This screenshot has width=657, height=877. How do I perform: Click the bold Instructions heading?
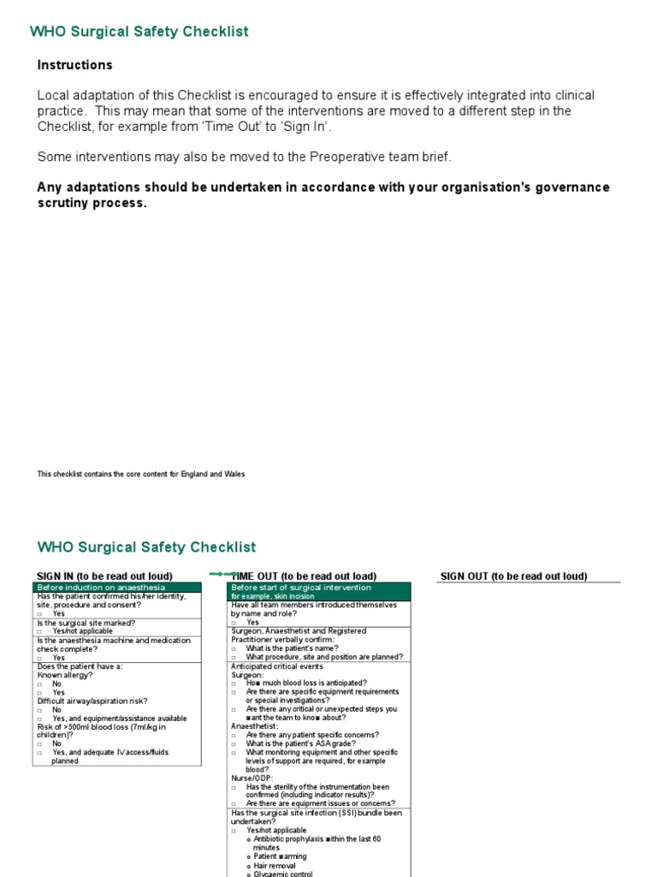(x=74, y=65)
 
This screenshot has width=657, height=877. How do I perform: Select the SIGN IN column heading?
(x=104, y=576)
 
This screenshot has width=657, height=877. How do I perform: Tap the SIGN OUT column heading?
(x=513, y=576)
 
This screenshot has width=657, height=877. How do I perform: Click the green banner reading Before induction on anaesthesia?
(x=117, y=588)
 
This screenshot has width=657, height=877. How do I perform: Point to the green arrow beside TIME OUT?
(x=220, y=574)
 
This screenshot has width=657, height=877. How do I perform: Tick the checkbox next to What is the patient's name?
(x=234, y=648)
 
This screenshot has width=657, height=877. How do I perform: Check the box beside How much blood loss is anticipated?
(x=234, y=683)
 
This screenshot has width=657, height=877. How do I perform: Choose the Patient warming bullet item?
(x=280, y=856)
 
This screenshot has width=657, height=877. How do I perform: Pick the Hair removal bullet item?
(x=275, y=866)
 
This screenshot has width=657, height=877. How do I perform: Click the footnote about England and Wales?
(x=141, y=474)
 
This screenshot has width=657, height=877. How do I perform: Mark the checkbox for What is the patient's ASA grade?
(x=234, y=743)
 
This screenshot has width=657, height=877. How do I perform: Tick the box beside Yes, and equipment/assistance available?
(x=40, y=719)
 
